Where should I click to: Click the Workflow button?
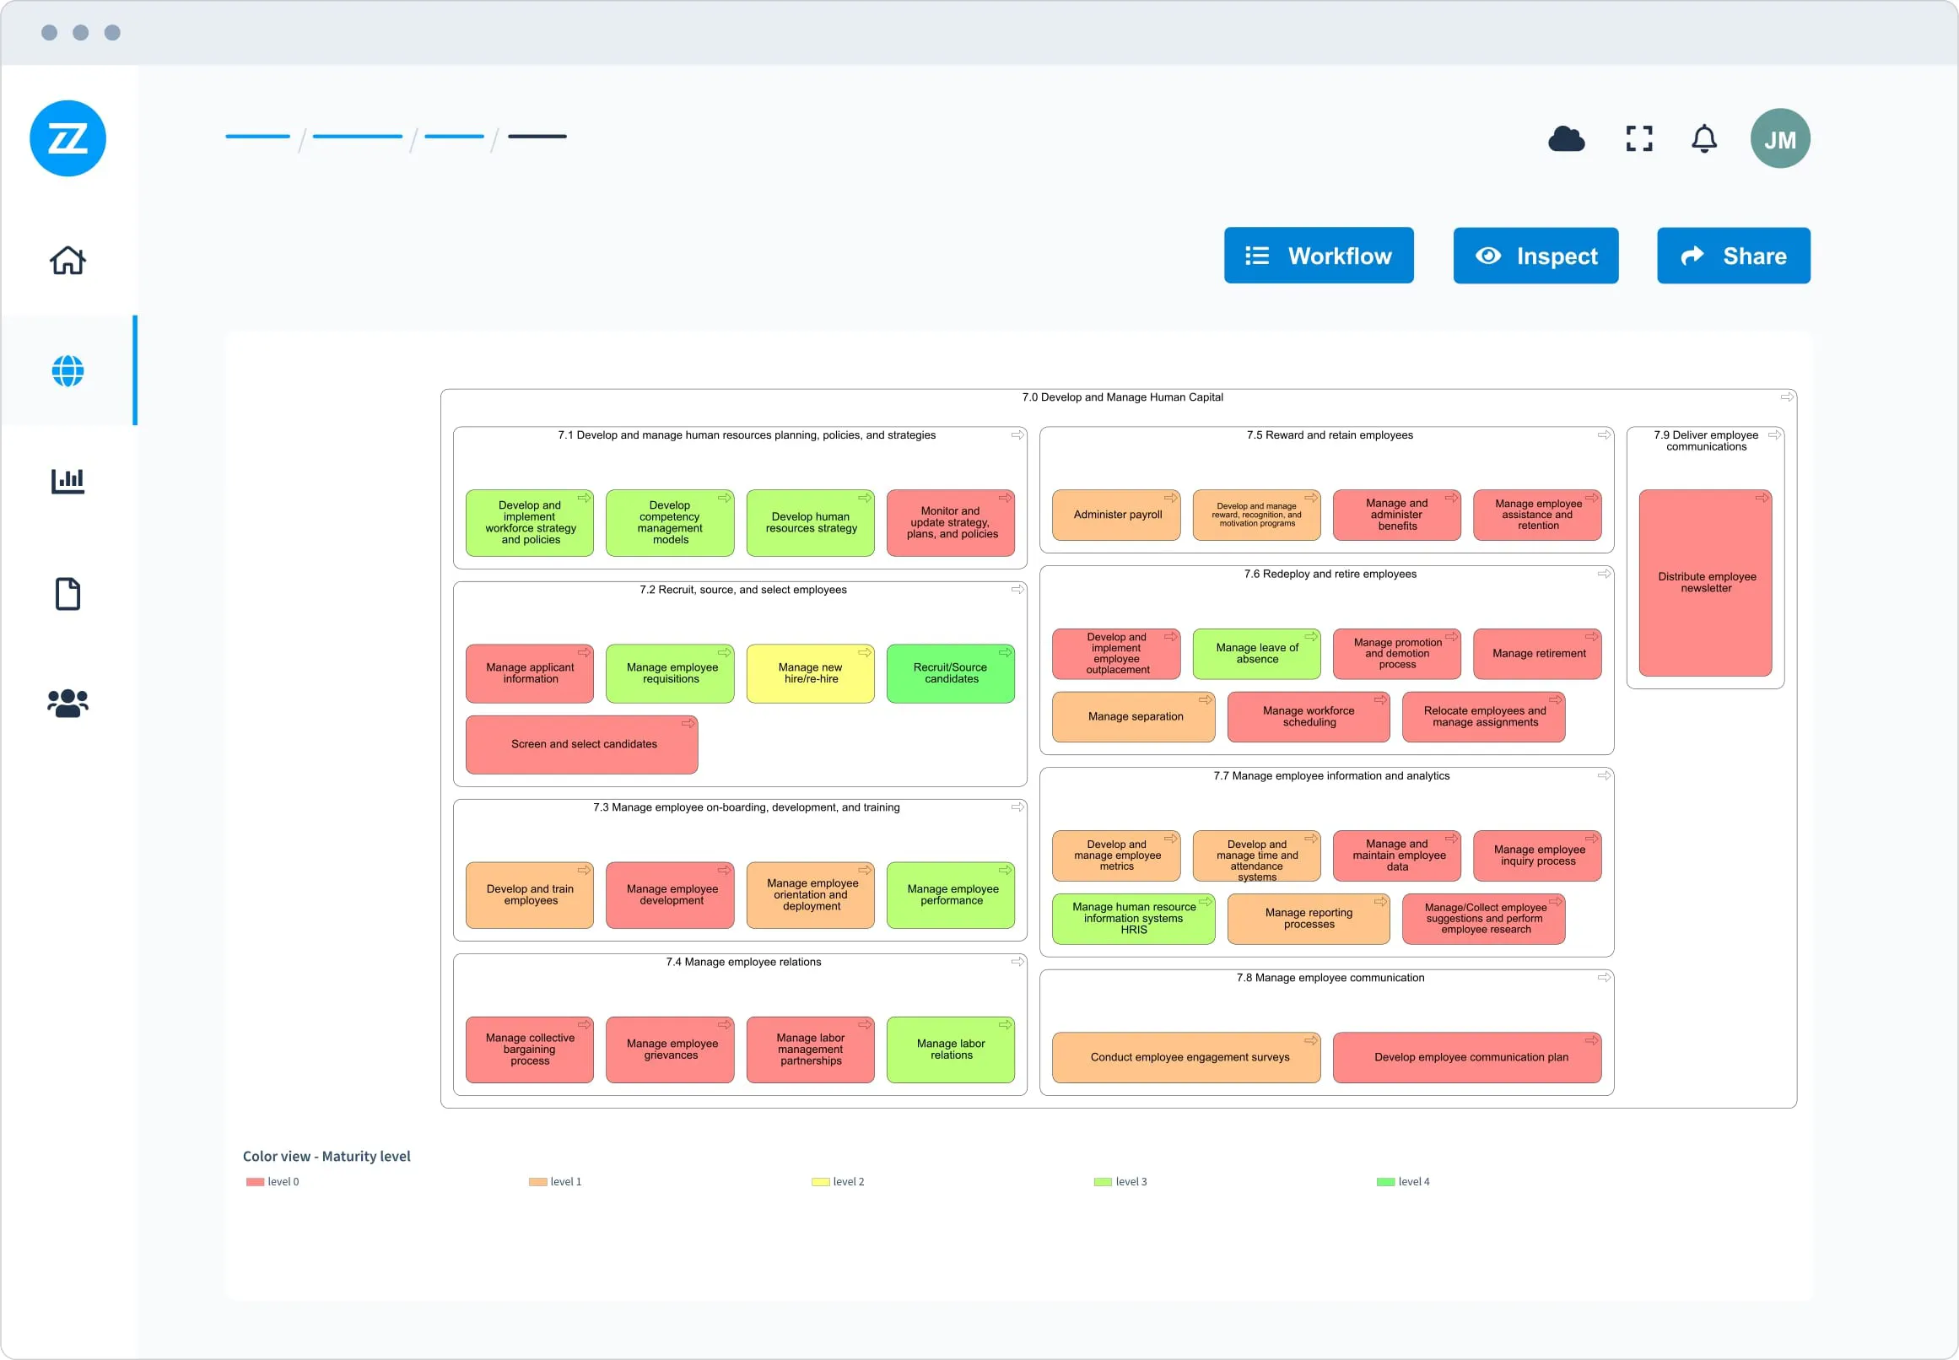1318,256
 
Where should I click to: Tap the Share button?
1732,256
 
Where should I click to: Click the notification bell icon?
1703,138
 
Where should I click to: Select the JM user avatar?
1779,139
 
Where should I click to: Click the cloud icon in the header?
1565,138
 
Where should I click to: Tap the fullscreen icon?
1638,138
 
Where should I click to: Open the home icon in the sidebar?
67,260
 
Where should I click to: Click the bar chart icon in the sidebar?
67,482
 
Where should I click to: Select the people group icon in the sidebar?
67,703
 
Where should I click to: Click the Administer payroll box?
1116,515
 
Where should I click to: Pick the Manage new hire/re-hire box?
810,673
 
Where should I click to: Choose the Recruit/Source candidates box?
950,673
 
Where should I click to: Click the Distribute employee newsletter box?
1705,583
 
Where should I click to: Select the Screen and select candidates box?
582,745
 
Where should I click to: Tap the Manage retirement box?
1537,655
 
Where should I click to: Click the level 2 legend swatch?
820,1182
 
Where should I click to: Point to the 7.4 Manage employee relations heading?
743,962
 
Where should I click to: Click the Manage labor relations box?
950,1050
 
